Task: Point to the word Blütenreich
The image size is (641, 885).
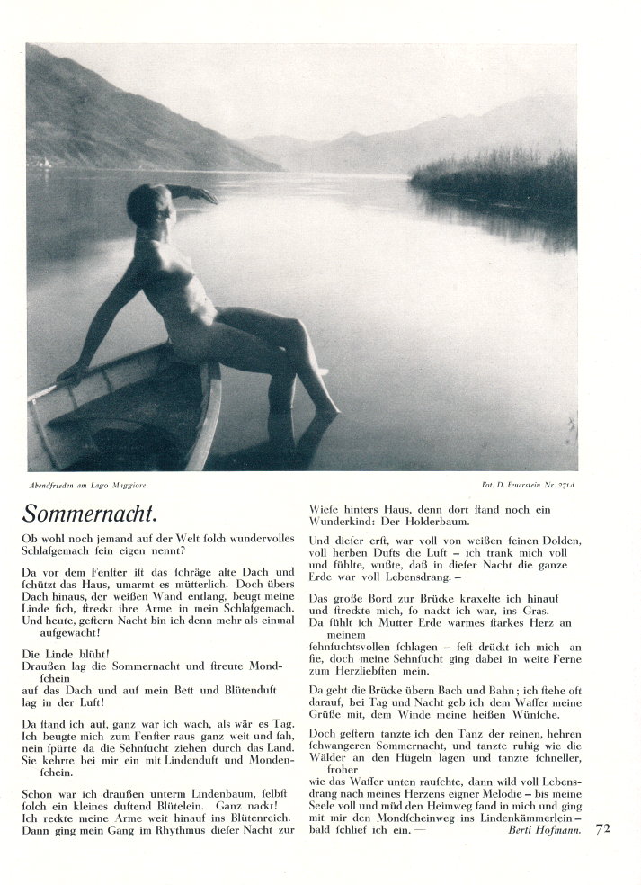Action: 245,816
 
